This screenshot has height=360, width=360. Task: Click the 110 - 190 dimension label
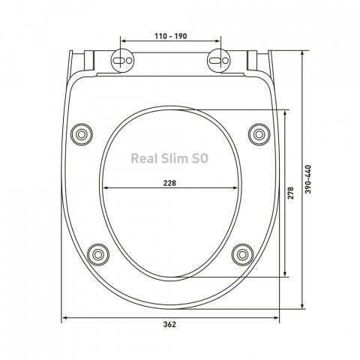pyautogui.click(x=170, y=36)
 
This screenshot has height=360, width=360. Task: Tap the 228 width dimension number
pyautogui.click(x=169, y=183)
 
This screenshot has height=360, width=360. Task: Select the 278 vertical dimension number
pyautogui.click(x=290, y=193)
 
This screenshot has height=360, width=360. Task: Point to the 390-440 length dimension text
pyautogui.click(x=308, y=179)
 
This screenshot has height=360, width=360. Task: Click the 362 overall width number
pyautogui.click(x=169, y=324)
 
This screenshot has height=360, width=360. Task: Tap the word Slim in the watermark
pyautogui.click(x=175, y=158)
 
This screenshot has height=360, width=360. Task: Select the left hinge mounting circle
pyautogui.click(x=122, y=61)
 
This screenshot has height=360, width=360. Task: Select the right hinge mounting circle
pyautogui.click(x=219, y=61)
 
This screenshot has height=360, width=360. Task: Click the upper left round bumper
pyautogui.click(x=82, y=134)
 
